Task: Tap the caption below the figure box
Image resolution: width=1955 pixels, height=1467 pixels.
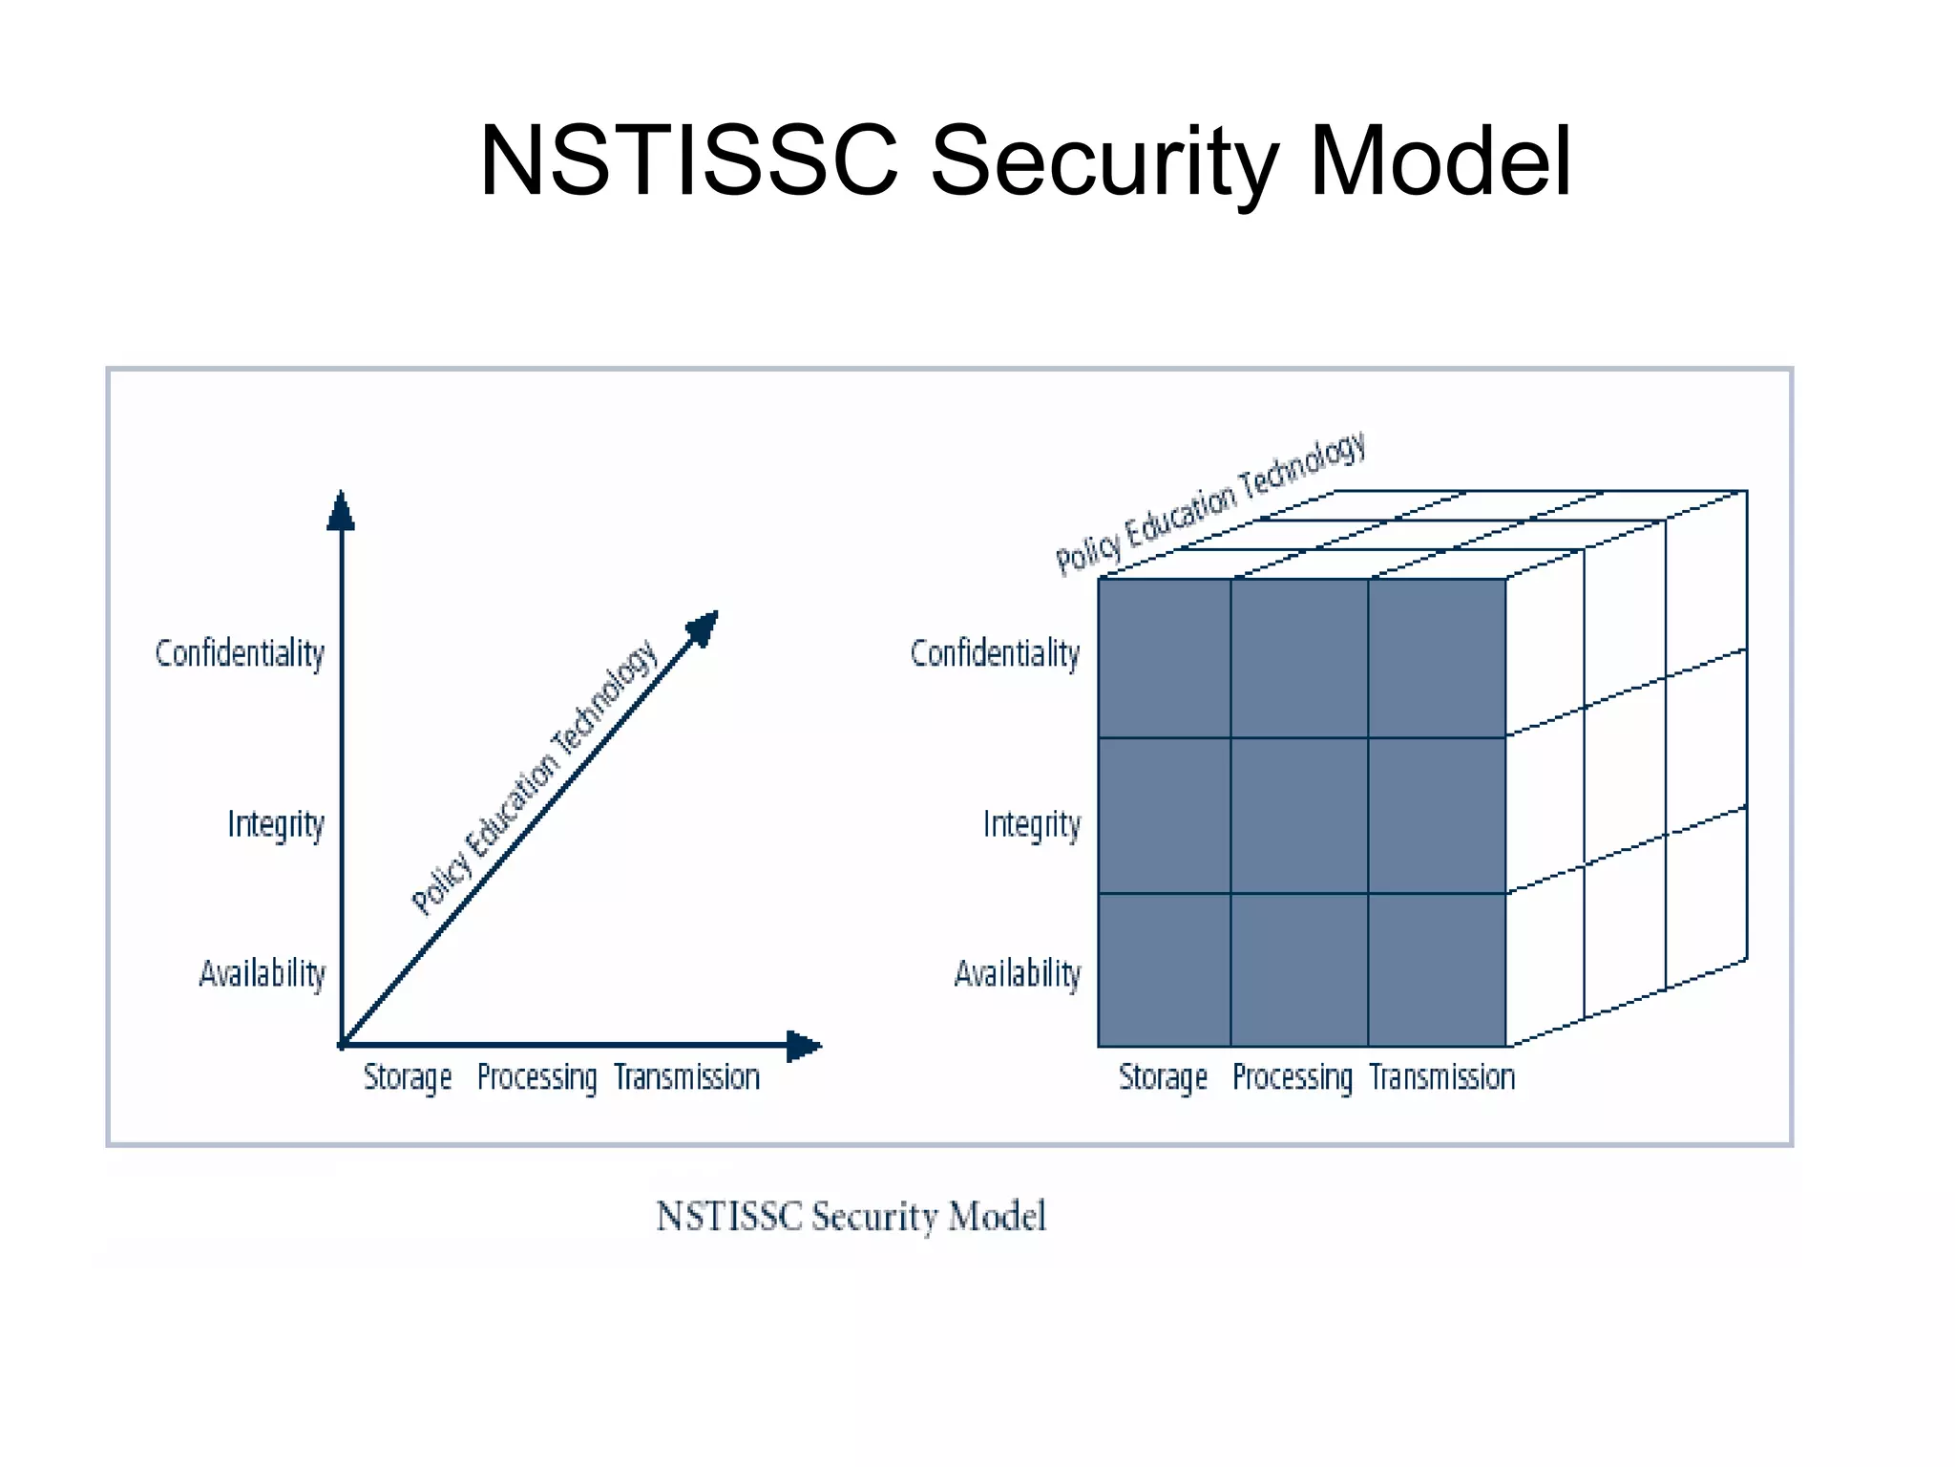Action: pos(851,1217)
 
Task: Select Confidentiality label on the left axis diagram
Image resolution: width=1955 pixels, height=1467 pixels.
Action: pos(240,654)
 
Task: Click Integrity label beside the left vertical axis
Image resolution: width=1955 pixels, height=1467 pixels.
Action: pos(276,823)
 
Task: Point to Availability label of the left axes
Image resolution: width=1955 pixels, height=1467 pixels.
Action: pos(263,973)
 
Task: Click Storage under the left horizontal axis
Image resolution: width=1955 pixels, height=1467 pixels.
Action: pos(408,1077)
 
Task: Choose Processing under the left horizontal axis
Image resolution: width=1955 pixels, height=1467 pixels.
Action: pos(536,1077)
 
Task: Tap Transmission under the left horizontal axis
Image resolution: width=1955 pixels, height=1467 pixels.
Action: pos(686,1077)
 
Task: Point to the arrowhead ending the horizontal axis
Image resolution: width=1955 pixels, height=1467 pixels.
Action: pos(803,1046)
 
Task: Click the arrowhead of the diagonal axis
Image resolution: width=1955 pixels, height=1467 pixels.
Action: pos(704,627)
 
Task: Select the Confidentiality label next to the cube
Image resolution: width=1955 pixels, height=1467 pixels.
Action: pos(995,654)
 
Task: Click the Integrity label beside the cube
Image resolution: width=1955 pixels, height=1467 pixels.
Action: pos(1032,823)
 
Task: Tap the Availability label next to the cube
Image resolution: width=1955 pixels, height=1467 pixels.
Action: pos(1018,973)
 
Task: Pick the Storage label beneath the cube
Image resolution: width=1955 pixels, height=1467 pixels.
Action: pos(1163,1077)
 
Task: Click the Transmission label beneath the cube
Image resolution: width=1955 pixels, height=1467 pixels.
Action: pos(1441,1077)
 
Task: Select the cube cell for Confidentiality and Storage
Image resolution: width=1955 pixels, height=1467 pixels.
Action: pos(1165,658)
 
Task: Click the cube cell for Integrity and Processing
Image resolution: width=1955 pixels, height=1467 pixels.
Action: pos(1299,815)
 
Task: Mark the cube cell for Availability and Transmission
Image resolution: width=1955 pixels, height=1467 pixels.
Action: pos(1437,969)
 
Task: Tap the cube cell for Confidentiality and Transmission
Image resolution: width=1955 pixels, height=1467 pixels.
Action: pos(1437,658)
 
